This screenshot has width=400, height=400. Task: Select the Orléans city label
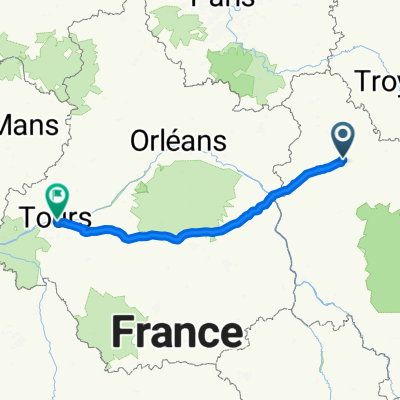(178, 143)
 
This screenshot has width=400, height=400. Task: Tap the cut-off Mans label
(30, 127)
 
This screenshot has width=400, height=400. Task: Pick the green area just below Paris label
(240, 70)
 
